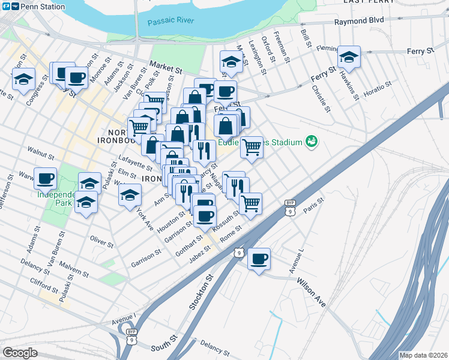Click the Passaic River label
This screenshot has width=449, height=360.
(x=171, y=21)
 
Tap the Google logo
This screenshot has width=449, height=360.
(x=20, y=352)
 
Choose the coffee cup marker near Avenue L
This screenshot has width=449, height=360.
(x=259, y=259)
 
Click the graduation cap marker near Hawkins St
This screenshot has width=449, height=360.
(x=349, y=57)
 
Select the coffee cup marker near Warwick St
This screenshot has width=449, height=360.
(x=46, y=178)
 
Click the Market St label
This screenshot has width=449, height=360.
(x=166, y=68)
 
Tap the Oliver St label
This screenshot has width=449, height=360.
(x=101, y=242)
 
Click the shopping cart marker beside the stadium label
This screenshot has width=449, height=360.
(x=252, y=147)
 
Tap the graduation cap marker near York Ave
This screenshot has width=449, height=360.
(x=130, y=194)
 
